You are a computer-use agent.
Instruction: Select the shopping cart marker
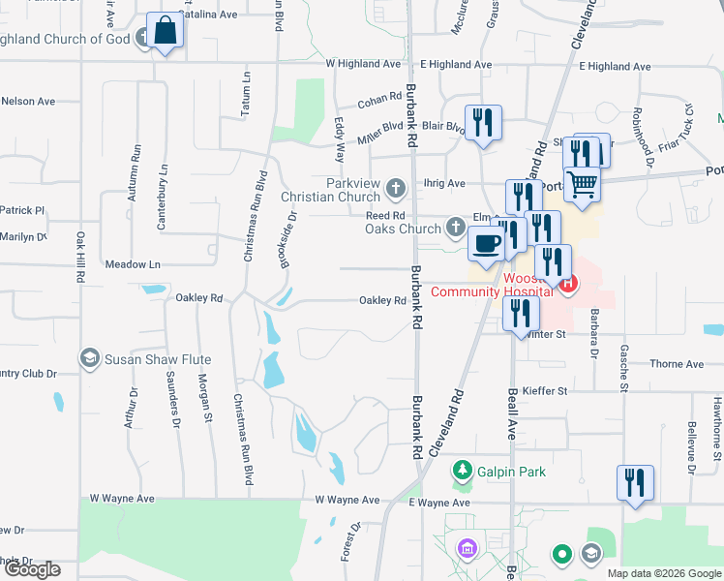582,183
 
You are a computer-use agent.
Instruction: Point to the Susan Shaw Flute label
158,359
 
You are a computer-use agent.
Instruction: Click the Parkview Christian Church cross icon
394,187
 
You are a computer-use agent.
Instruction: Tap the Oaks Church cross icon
456,229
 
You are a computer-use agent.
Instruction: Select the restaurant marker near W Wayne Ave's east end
635,482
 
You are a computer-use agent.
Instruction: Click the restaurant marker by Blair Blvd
483,122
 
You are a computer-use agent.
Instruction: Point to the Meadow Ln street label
133,264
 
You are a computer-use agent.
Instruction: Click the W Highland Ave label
363,64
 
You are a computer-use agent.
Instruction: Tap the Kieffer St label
544,391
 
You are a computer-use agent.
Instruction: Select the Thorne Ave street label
678,364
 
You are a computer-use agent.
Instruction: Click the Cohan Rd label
379,98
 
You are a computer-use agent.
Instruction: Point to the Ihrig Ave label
443,183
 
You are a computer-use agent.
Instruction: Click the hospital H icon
567,284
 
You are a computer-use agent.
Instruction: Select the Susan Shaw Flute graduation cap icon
90,359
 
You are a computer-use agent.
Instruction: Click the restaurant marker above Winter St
522,313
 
